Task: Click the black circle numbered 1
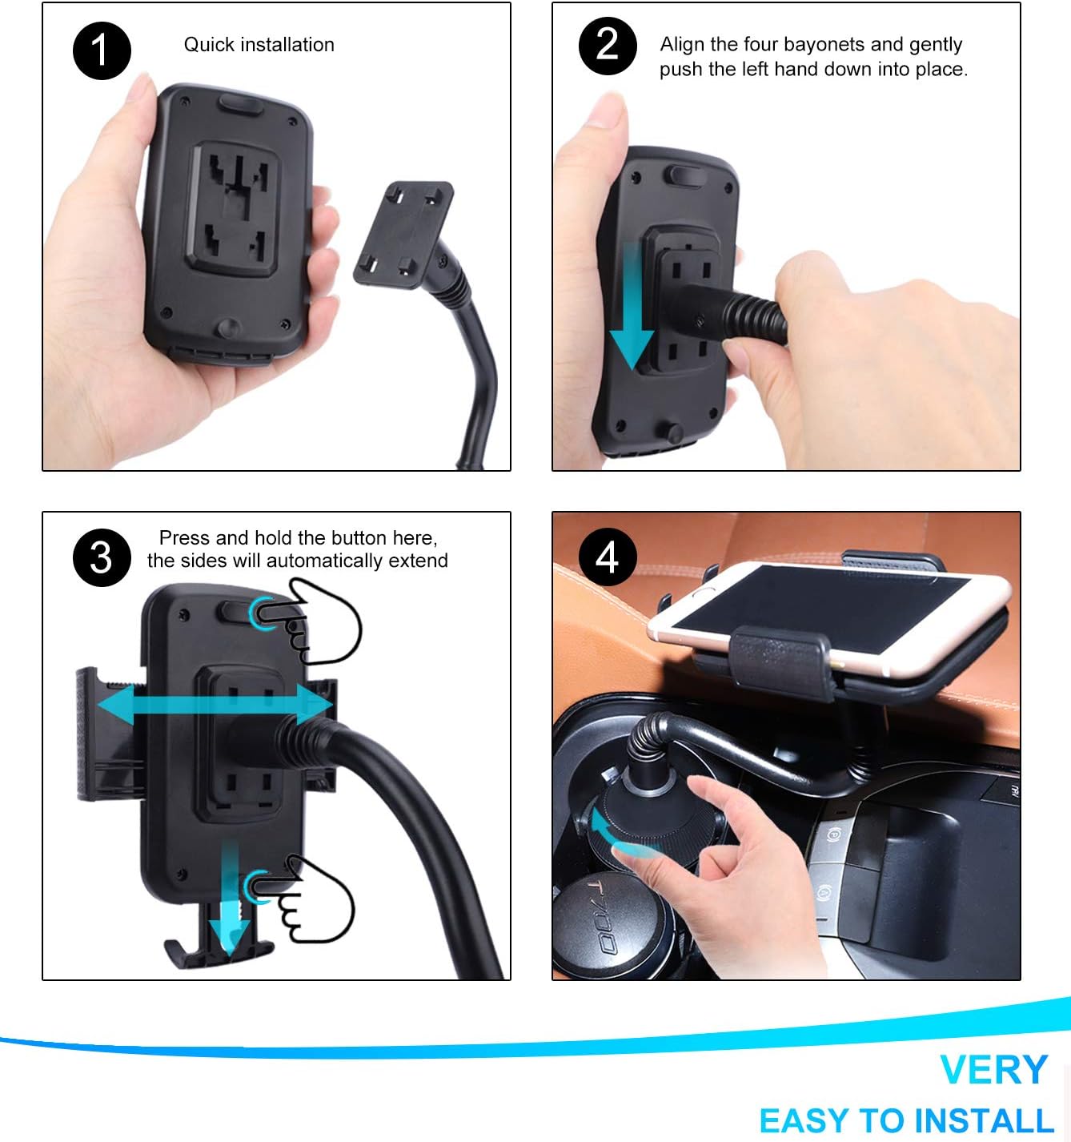point(102,50)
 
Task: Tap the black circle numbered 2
point(608,46)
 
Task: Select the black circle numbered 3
point(102,557)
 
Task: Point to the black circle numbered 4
point(608,557)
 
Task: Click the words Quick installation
point(259,45)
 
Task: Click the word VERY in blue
point(993,1070)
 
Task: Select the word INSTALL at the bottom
point(984,1120)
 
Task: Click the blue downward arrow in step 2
point(632,306)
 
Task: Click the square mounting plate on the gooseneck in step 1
point(403,235)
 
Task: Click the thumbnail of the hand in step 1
point(138,86)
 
